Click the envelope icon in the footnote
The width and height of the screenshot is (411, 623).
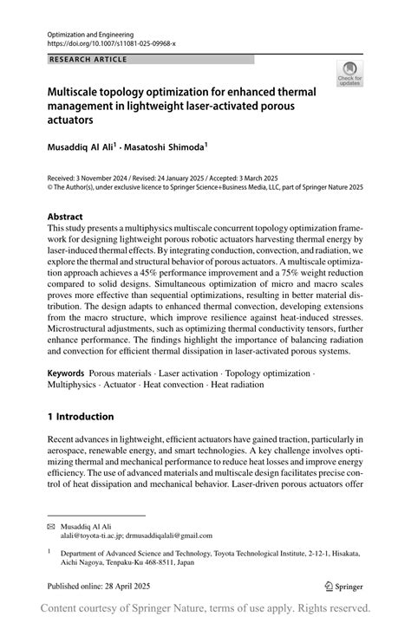[x=52, y=527]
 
